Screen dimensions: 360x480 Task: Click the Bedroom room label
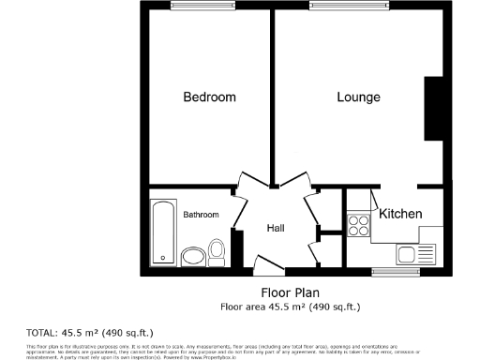[209, 97]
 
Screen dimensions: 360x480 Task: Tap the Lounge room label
[358, 97]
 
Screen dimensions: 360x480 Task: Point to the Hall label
[276, 228]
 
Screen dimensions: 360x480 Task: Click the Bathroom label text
[201, 215]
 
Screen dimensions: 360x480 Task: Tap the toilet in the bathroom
[217, 250]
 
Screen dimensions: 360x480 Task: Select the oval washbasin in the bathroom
[193, 256]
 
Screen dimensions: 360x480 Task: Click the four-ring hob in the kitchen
[358, 225]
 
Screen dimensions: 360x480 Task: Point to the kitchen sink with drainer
[416, 253]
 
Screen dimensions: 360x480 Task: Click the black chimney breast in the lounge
[434, 108]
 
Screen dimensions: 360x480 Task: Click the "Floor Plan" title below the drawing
[290, 292]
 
